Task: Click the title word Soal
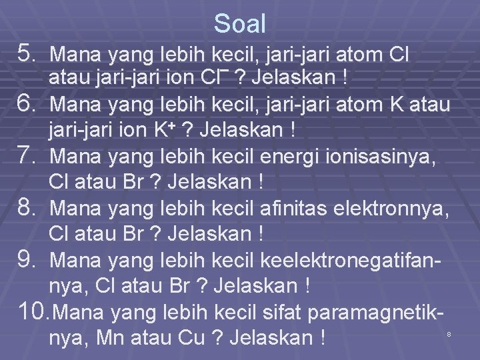(x=240, y=24)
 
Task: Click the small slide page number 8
(x=449, y=333)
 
